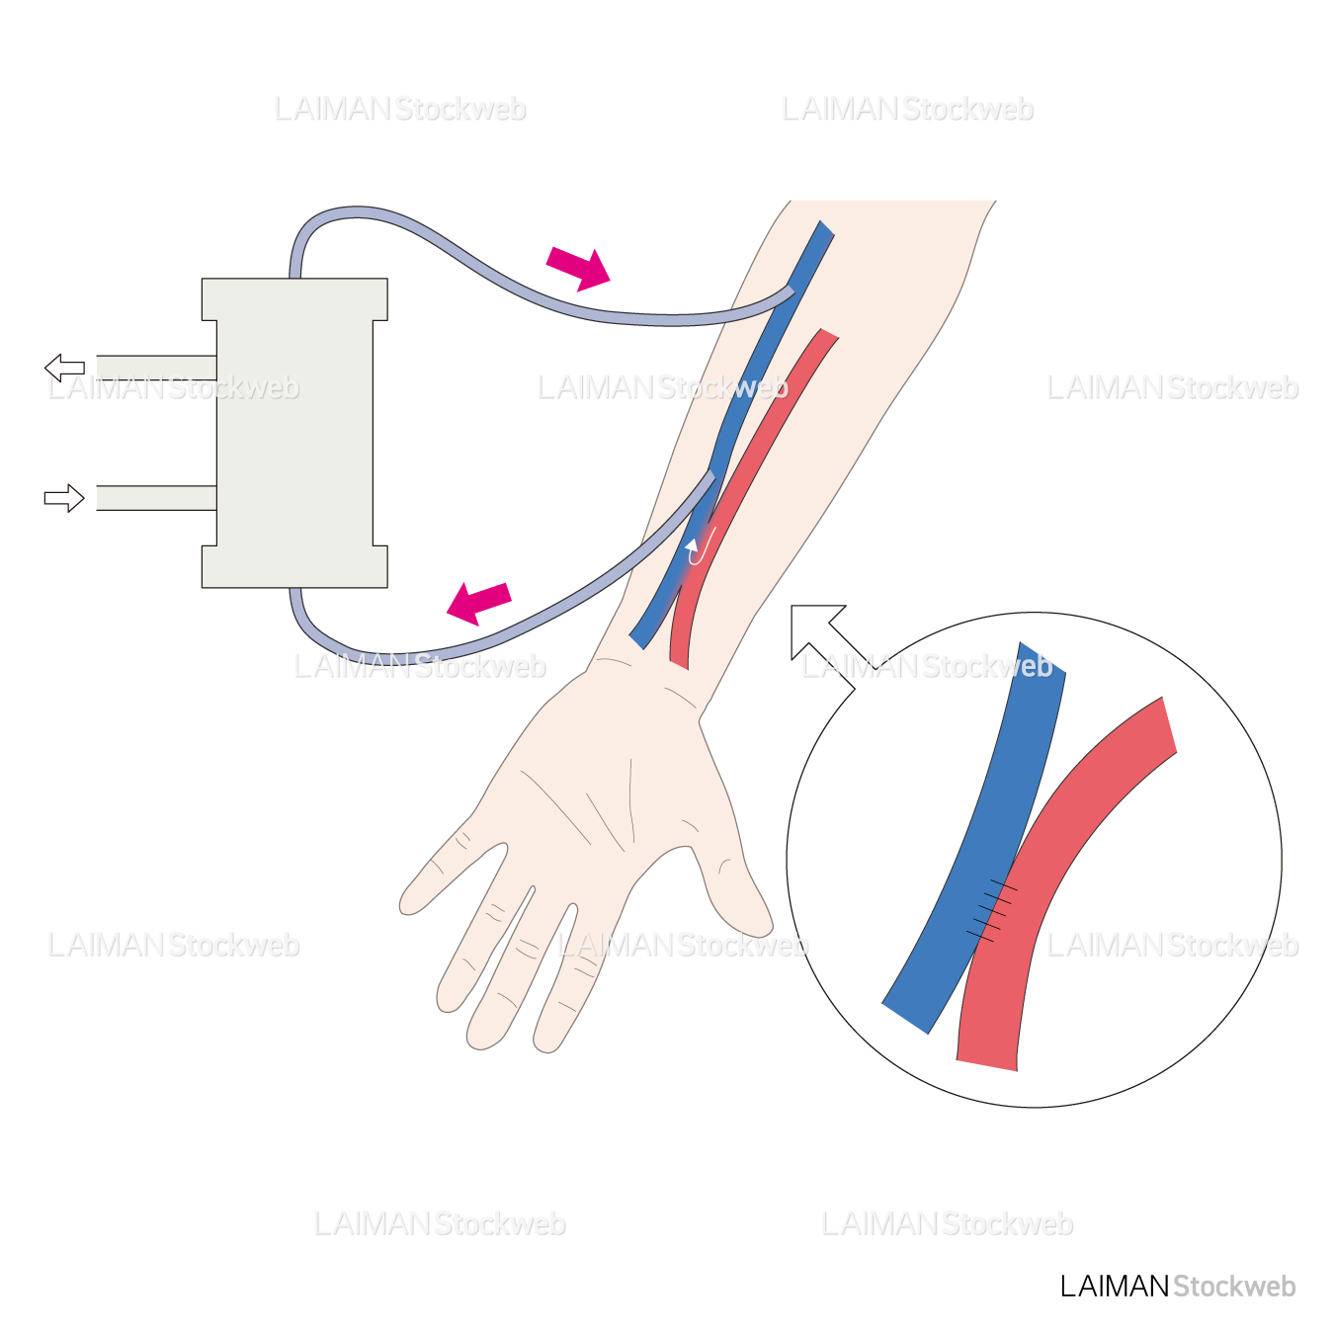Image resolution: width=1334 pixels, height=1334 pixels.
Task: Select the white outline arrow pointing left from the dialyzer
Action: (x=64, y=368)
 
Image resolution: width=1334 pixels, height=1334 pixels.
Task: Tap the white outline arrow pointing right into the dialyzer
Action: (x=64, y=498)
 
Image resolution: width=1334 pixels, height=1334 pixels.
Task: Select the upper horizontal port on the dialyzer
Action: (x=156, y=368)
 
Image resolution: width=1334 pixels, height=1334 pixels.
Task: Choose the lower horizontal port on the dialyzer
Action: (x=156, y=498)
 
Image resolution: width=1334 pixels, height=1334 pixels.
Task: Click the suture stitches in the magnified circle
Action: (x=993, y=907)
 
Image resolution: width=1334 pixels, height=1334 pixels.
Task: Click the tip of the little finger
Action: (x=409, y=904)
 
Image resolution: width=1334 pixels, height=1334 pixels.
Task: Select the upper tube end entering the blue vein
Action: (x=787, y=291)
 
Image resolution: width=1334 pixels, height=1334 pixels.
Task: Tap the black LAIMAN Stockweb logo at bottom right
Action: (x=1177, y=1286)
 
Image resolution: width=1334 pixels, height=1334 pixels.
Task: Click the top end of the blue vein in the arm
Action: (x=822, y=231)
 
